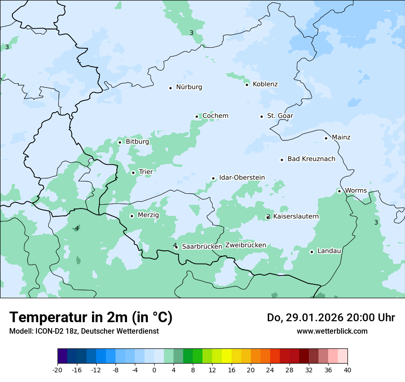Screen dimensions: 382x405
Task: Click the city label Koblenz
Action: pyautogui.click(x=265, y=84)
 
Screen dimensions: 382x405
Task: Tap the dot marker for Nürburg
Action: pyautogui.click(x=170, y=88)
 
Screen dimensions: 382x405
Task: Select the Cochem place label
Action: pyautogui.click(x=215, y=116)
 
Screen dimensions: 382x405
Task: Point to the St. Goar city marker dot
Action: pyautogui.click(x=261, y=116)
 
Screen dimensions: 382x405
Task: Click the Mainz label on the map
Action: pyautogui.click(x=341, y=137)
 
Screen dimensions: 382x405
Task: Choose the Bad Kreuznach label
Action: pyautogui.click(x=311, y=159)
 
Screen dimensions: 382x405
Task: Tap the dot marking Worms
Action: pyautogui.click(x=339, y=191)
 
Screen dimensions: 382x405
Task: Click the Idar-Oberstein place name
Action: pyautogui.click(x=242, y=177)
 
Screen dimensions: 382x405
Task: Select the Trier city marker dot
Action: pyautogui.click(x=133, y=173)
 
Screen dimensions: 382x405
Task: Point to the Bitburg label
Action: pyautogui.click(x=137, y=142)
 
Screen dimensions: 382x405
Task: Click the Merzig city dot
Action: pyautogui.click(x=132, y=216)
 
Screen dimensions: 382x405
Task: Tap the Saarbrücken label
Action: pyautogui.click(x=202, y=246)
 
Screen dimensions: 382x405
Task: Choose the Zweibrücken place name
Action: pyautogui.click(x=245, y=245)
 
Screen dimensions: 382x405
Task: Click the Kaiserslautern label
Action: pyautogui.click(x=296, y=216)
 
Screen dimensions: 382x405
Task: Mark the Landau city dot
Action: pyautogui.click(x=312, y=252)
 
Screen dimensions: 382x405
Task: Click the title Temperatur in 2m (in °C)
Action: pyautogui.click(x=91, y=318)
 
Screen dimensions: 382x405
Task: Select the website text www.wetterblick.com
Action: pyautogui.click(x=332, y=331)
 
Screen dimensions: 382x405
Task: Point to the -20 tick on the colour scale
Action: pyautogui.click(x=58, y=370)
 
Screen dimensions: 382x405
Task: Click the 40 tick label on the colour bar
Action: pyautogui.click(x=347, y=370)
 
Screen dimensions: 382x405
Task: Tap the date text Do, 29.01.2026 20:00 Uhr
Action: pyautogui.click(x=330, y=318)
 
